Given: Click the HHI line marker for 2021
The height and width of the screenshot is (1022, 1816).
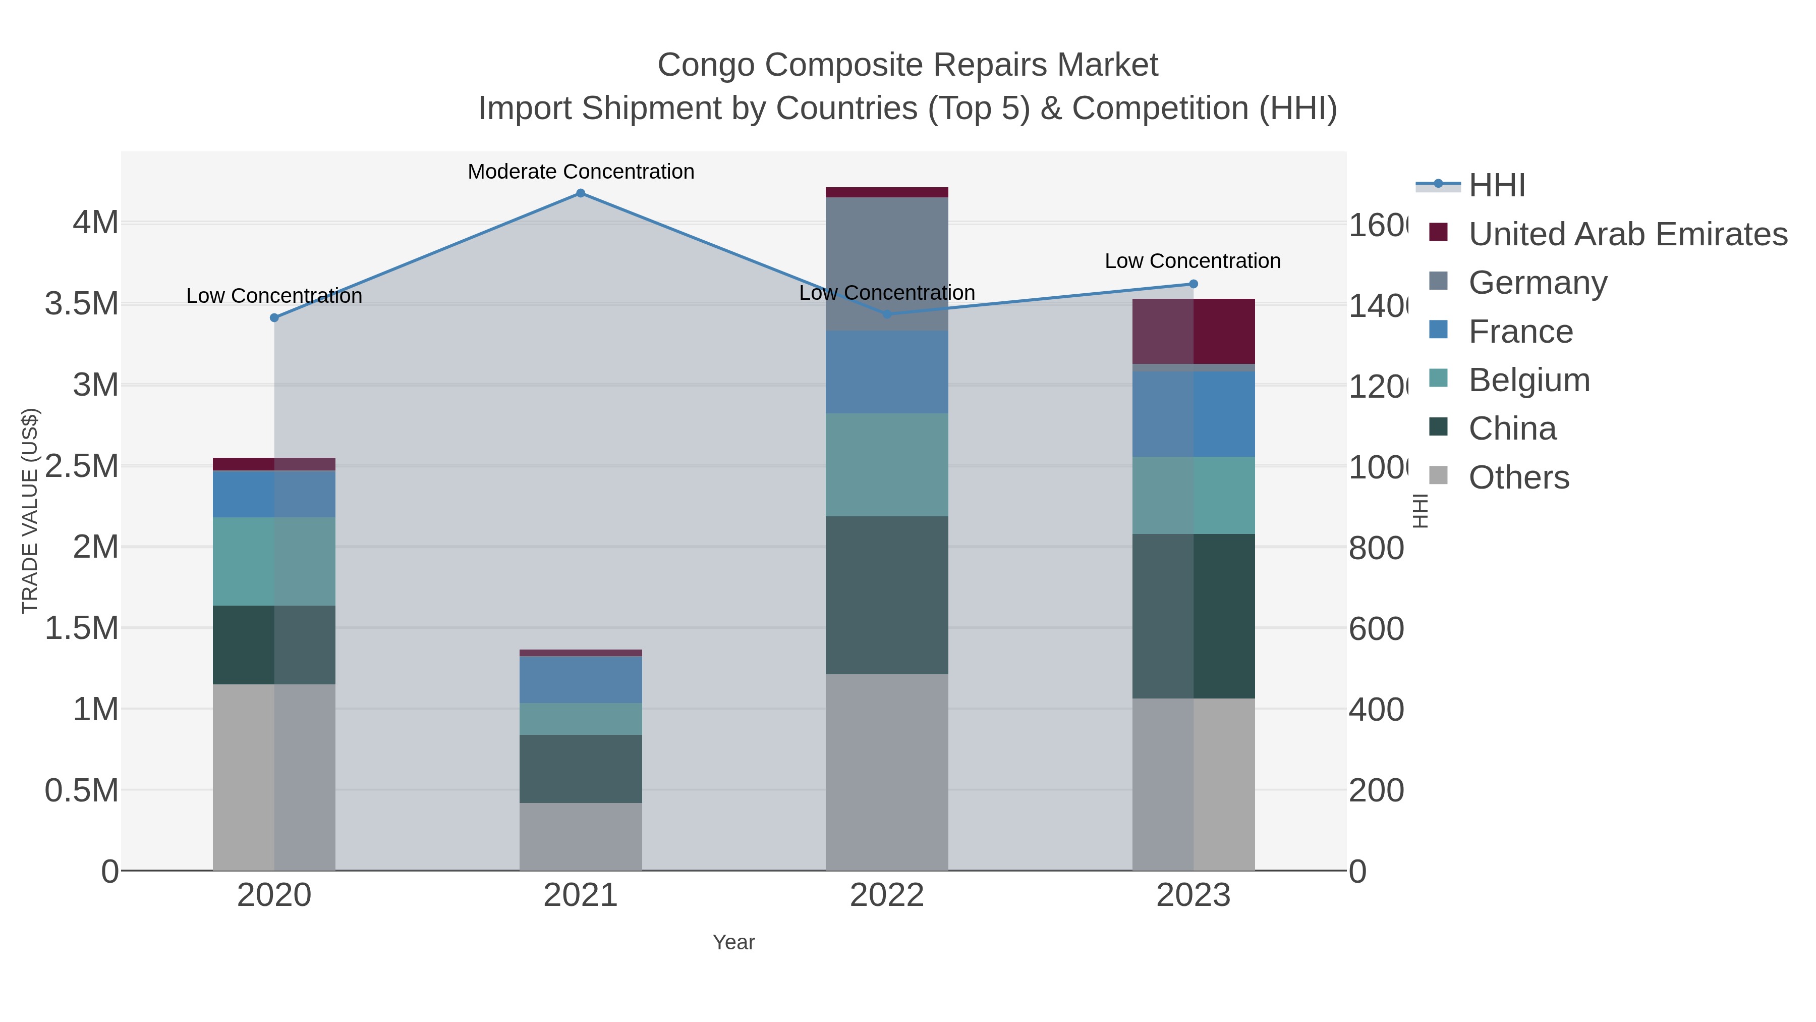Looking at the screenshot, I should click(x=580, y=193).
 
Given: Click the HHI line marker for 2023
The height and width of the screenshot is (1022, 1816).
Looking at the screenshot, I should click(x=1193, y=284).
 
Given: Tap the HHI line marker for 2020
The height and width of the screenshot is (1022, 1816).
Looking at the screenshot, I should click(x=274, y=318).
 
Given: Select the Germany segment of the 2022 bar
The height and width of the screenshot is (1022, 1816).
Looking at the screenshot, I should click(x=886, y=264).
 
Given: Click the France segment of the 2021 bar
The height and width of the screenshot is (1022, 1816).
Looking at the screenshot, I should click(x=580, y=679).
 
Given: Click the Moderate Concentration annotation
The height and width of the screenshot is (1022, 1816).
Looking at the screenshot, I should click(x=580, y=172).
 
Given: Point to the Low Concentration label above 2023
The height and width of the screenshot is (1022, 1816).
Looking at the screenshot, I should click(x=1192, y=261).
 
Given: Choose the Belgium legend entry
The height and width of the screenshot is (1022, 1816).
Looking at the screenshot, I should click(x=1528, y=380).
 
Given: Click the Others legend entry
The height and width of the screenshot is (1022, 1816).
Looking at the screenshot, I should click(x=1518, y=477).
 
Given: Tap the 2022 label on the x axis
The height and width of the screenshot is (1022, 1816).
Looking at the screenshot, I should click(x=886, y=895).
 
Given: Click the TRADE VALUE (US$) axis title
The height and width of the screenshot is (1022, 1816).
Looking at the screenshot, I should click(x=30, y=511).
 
